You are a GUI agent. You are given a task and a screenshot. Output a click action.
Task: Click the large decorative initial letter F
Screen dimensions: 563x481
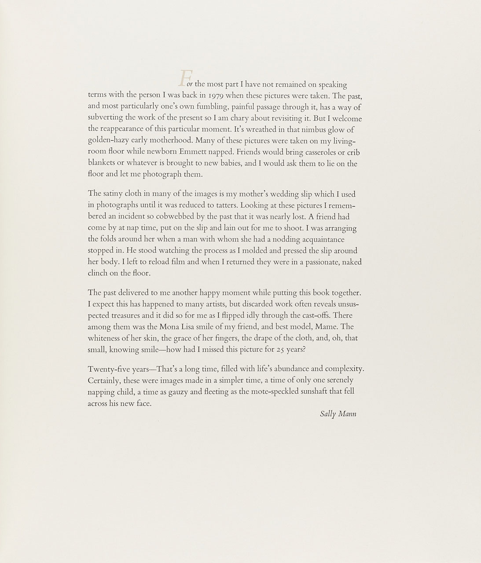coord(184,78)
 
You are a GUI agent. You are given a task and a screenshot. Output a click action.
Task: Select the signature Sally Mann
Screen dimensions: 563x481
coord(338,414)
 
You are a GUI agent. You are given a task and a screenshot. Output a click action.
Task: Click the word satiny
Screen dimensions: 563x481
coord(112,194)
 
